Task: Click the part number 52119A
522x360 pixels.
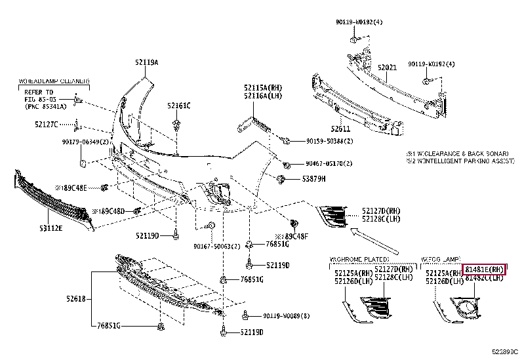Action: [147, 62]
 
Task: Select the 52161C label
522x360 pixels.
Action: [178, 105]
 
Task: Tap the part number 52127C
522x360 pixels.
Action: [47, 123]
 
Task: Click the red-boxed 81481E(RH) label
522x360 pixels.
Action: [484, 269]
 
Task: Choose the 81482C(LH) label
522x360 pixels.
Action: [484, 278]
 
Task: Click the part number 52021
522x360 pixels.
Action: [387, 68]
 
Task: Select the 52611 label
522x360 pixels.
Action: [340, 129]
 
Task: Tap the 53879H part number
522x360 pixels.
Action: [313, 178]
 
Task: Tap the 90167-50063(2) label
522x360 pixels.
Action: [217, 247]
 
